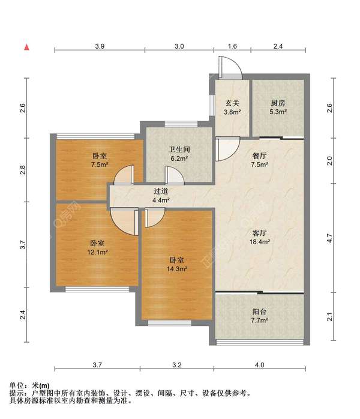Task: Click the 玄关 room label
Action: [233, 103]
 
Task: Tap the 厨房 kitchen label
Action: [278, 103]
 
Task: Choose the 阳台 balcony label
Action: [259, 312]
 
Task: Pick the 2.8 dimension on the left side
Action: [22, 169]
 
